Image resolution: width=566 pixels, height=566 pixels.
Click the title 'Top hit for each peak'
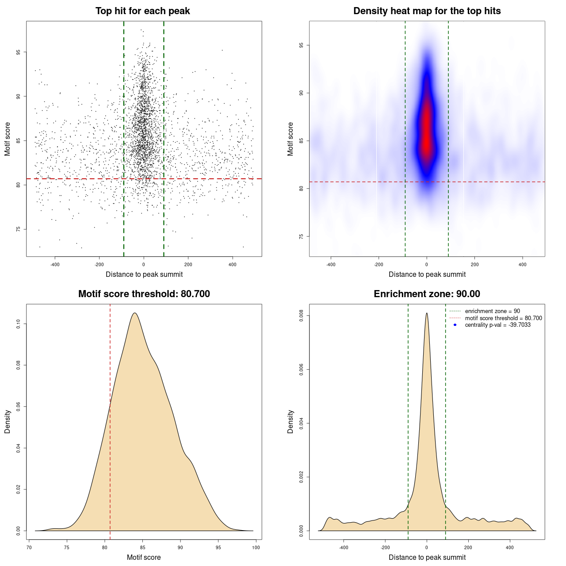pyautogui.click(x=142, y=11)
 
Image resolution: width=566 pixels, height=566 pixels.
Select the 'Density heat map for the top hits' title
pyautogui.click(x=427, y=11)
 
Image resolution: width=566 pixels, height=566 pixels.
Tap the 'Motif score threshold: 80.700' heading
pyautogui.click(x=144, y=294)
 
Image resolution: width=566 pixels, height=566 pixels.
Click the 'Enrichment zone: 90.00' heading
pyautogui.click(x=427, y=294)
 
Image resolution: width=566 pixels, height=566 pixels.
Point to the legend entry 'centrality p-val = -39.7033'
pyautogui.click(x=497, y=325)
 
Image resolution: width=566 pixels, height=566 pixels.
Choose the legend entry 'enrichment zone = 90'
pyautogui.click(x=492, y=311)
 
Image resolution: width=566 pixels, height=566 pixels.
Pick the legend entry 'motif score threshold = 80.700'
pyautogui.click(x=503, y=318)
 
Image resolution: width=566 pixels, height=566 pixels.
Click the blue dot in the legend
pyautogui.click(x=455, y=325)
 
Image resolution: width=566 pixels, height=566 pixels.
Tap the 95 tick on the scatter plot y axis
pyautogui.click(x=18, y=52)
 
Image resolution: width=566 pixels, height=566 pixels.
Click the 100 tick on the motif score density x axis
pyautogui.click(x=256, y=547)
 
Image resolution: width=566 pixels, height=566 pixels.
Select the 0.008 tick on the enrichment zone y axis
pyautogui.click(x=301, y=316)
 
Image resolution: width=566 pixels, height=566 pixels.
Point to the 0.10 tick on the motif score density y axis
pyautogui.click(x=18, y=324)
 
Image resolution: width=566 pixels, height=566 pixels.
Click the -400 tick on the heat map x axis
pyautogui.click(x=331, y=264)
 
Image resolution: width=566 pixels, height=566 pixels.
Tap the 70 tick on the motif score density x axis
pyautogui.click(x=29, y=547)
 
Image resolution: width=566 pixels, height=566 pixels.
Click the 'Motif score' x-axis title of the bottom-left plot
pyautogui.click(x=144, y=557)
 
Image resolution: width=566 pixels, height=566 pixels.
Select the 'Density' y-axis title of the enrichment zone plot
pyautogui.click(x=291, y=421)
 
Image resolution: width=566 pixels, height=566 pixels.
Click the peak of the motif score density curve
pyautogui.click(x=134, y=313)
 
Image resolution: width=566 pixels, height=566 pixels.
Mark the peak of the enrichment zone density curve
pyautogui.click(x=427, y=313)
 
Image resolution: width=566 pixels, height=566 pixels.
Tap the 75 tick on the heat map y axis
pyautogui.click(x=301, y=237)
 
